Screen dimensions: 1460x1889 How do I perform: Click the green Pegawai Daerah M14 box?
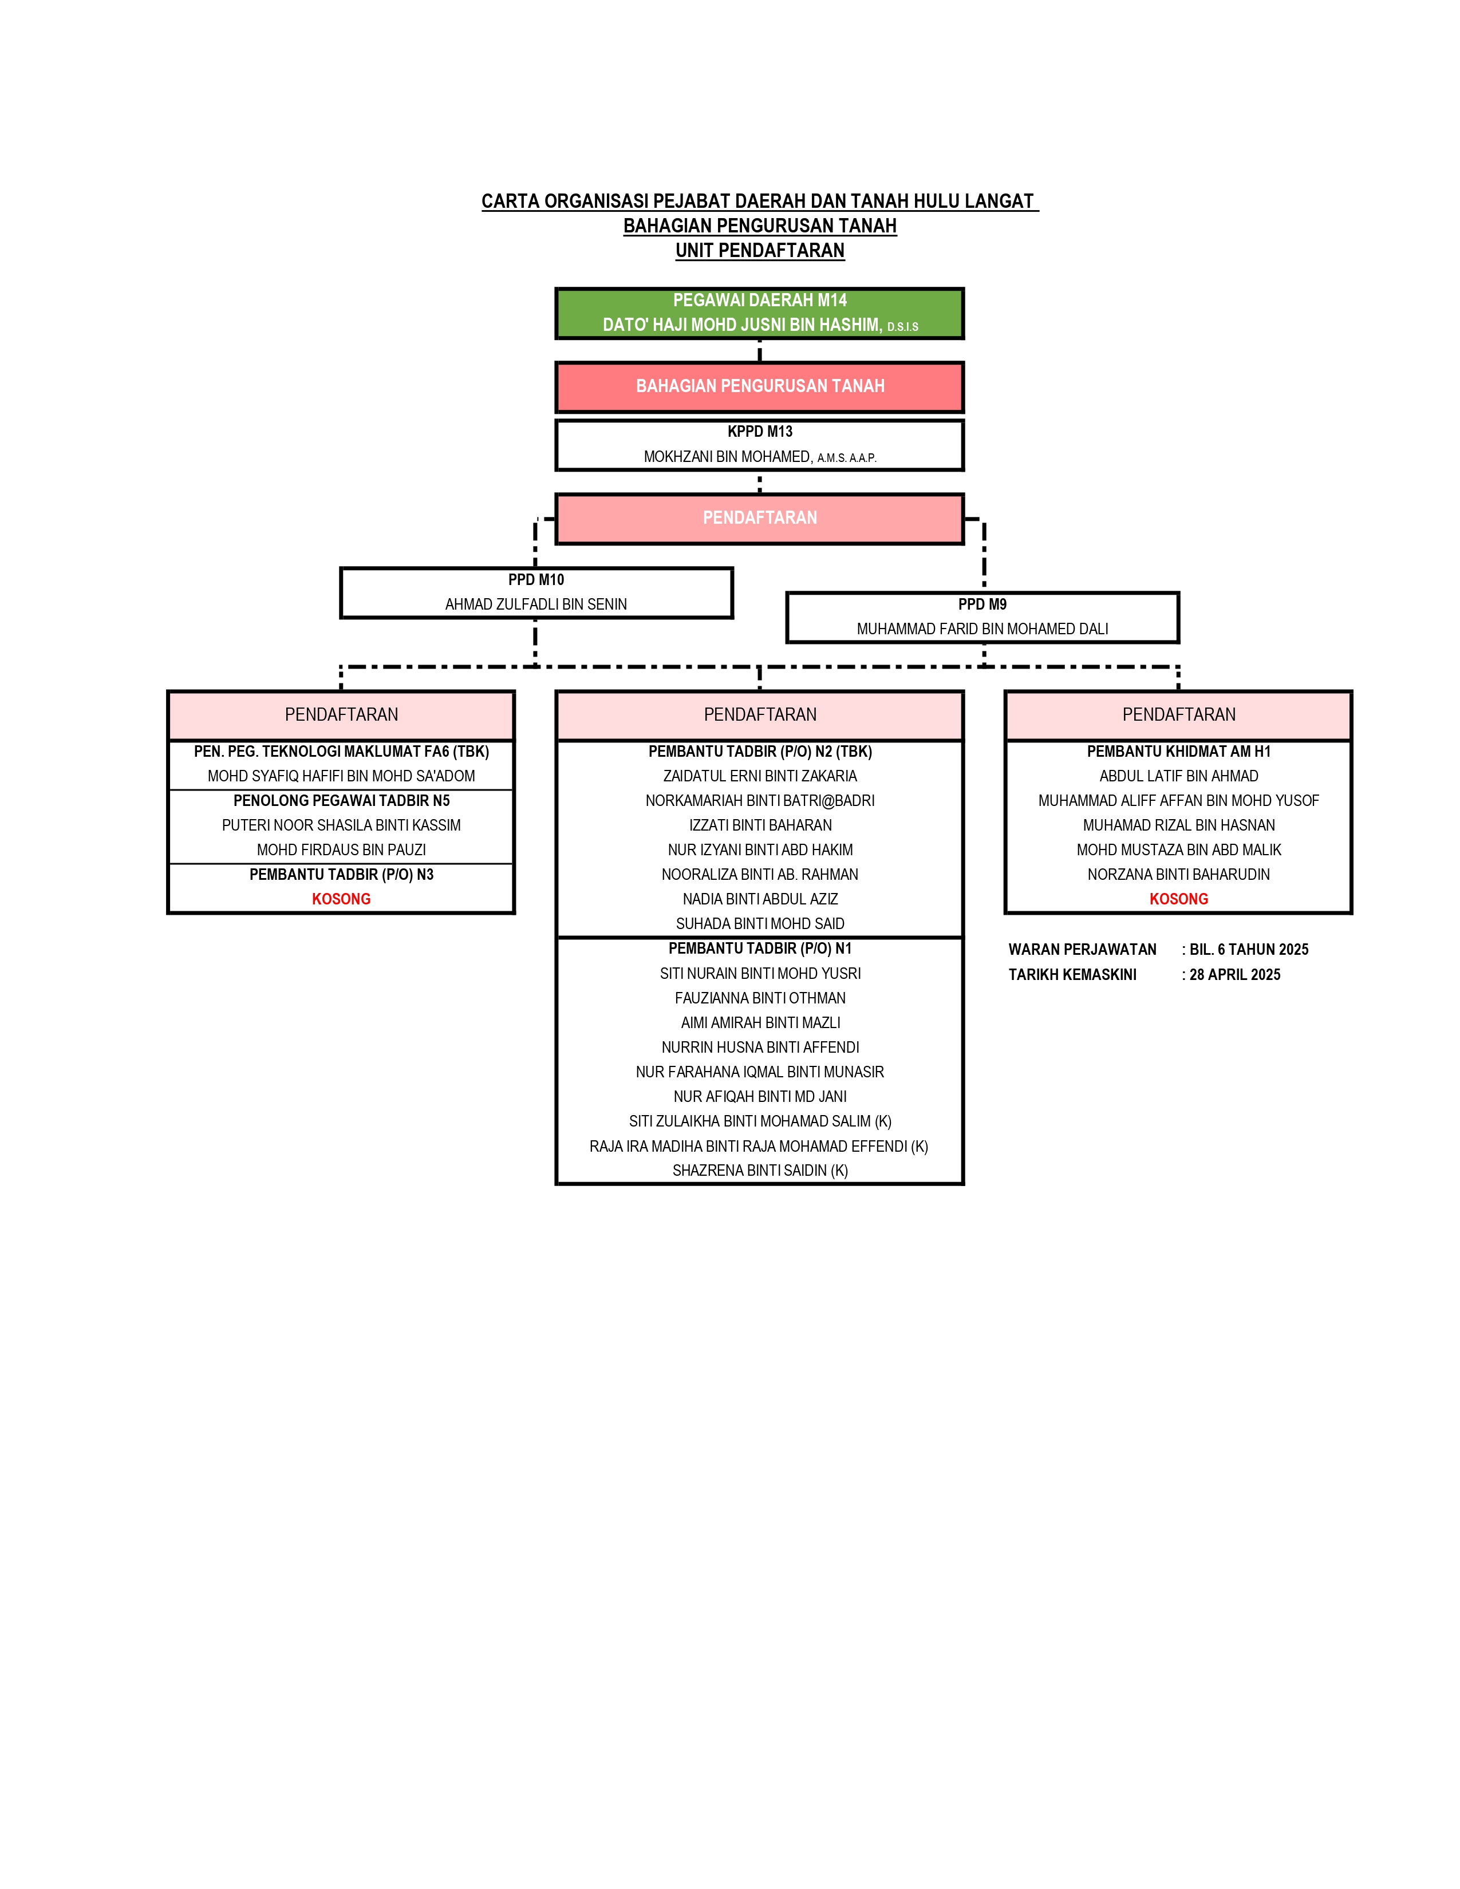click(759, 313)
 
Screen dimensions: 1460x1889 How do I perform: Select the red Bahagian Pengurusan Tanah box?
click(759, 386)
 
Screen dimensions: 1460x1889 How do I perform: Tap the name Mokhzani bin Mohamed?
click(727, 457)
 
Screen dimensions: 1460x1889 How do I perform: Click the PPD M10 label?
click(536, 579)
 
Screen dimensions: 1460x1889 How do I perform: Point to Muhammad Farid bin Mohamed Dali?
click(982, 629)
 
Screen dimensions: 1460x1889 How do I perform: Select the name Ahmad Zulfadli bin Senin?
click(536, 604)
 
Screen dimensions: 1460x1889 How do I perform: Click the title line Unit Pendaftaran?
click(759, 250)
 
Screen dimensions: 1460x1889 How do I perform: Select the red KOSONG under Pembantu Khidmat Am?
click(1178, 899)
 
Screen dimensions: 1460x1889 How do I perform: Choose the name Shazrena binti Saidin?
click(759, 1170)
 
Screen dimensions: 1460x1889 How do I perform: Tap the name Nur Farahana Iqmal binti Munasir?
click(759, 1072)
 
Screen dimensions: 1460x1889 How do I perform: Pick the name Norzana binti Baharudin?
click(1178, 875)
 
